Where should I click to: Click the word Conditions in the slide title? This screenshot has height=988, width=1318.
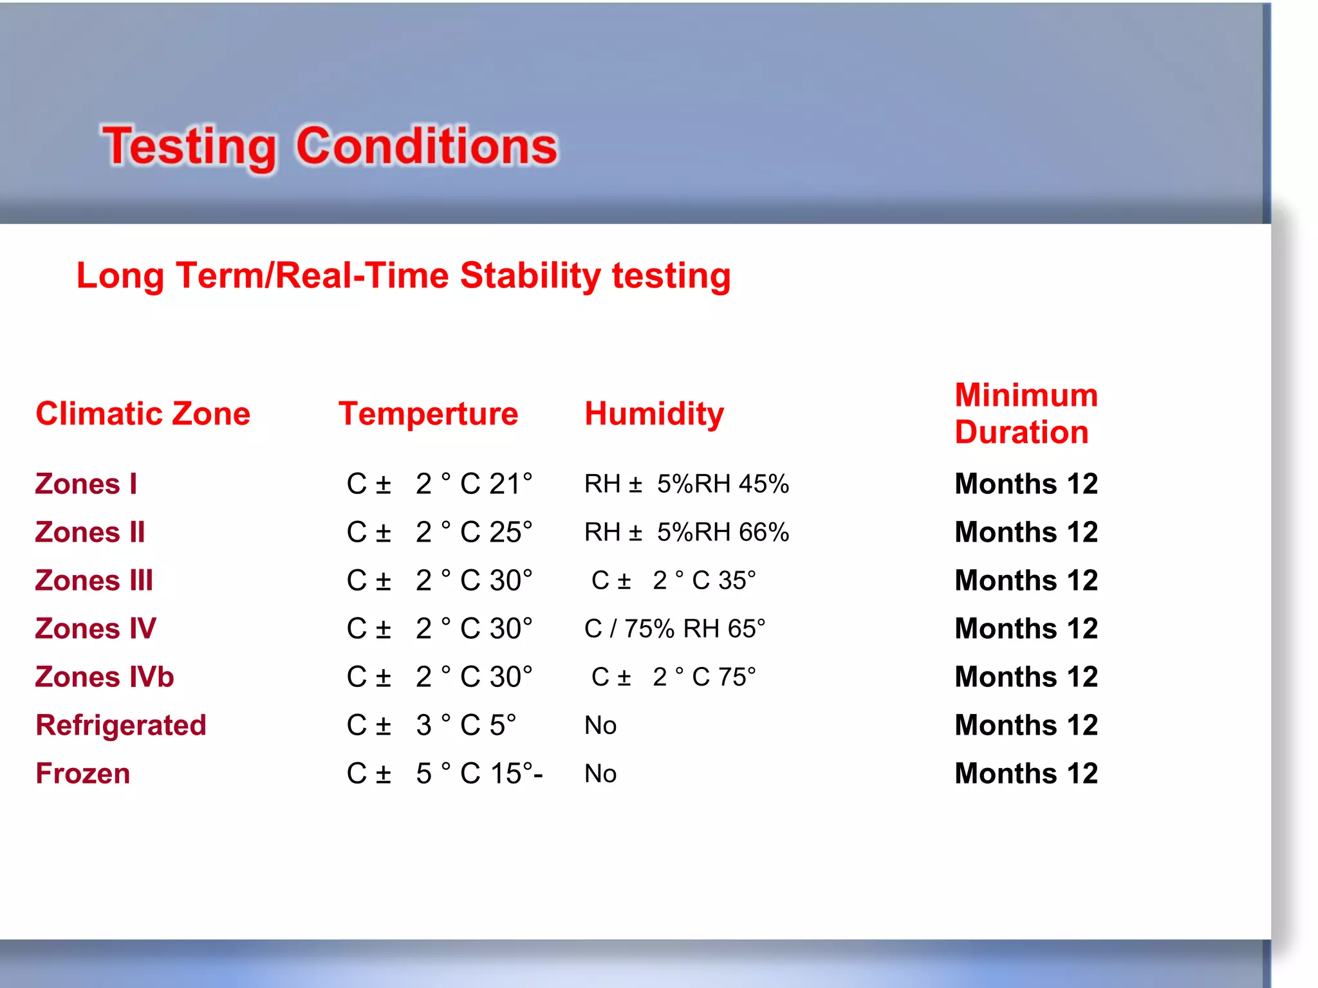point(426,147)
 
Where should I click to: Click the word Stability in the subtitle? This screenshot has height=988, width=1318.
point(530,276)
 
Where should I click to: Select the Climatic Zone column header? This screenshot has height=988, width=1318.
point(143,414)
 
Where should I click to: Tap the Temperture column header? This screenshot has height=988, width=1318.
point(428,414)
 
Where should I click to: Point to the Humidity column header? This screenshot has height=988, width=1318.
point(654,414)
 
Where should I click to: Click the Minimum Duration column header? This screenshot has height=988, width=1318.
point(1026,414)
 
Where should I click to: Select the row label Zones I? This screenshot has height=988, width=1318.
point(86,484)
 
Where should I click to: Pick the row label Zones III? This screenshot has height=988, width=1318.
point(94,580)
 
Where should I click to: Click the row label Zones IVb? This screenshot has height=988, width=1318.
point(104,677)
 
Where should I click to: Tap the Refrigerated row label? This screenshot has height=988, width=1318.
point(121,725)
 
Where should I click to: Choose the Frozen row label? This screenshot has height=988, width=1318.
point(83,773)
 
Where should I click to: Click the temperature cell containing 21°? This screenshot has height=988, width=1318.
point(440,484)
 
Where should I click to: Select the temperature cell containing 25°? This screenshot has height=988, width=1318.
point(440,532)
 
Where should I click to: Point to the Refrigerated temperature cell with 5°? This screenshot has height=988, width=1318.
point(431,725)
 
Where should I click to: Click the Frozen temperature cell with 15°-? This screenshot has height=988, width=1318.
point(444,773)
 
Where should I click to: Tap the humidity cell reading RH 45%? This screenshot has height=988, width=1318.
point(686,484)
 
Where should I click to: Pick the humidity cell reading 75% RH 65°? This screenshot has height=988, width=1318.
point(674,628)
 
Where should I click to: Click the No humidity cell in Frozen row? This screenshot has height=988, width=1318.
point(600,773)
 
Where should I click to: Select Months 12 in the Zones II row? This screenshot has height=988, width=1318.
point(1026,532)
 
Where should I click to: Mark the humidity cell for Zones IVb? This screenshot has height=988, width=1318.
point(673,677)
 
